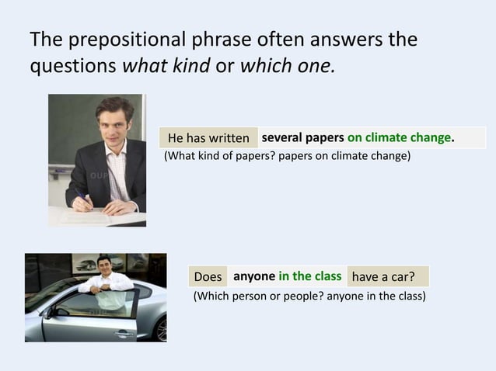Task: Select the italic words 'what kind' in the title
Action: point(166,65)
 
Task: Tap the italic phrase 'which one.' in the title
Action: point(288,65)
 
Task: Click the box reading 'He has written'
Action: point(208,138)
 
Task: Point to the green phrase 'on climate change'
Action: point(400,137)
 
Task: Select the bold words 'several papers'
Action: point(302,137)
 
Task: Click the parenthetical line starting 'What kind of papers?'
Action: point(287,156)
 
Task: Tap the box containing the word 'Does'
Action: point(208,277)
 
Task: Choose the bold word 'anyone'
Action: point(254,276)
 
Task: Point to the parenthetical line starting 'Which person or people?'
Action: point(309,296)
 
